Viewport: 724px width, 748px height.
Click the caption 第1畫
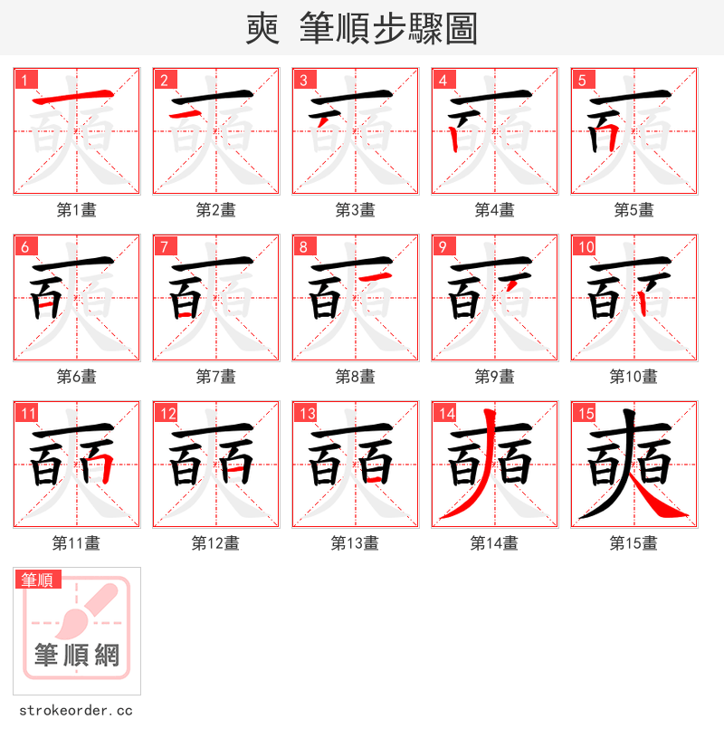click(77, 210)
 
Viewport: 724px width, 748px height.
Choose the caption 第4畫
click(495, 210)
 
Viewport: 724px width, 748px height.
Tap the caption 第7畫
click(216, 377)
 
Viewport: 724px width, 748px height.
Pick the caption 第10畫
click(634, 377)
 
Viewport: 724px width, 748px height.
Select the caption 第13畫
click(356, 543)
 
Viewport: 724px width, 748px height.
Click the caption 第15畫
click(634, 543)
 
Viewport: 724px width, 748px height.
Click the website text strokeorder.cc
click(76, 711)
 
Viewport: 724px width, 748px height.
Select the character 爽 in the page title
click(262, 28)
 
